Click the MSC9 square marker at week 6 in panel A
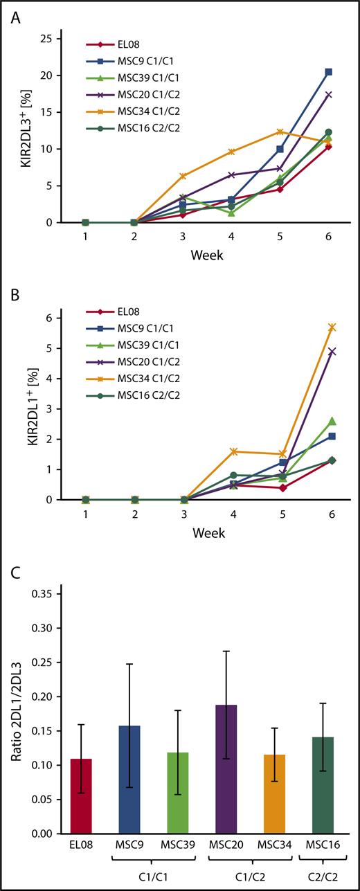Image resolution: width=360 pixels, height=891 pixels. (328, 72)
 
